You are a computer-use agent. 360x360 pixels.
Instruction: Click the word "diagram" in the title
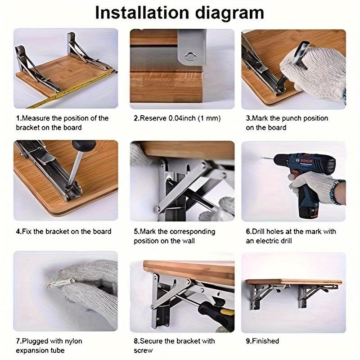tap(223, 13)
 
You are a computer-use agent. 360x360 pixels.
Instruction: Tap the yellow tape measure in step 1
tap(67, 90)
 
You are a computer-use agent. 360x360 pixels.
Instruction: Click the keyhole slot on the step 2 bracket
tap(192, 55)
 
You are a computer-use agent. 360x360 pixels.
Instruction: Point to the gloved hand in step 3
tap(315, 67)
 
